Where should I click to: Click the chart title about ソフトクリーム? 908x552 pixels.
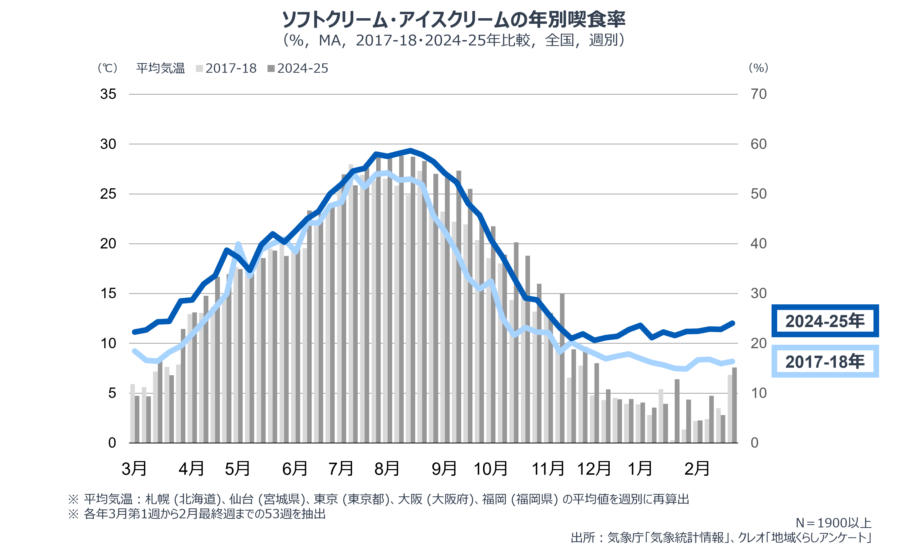tap(454, 20)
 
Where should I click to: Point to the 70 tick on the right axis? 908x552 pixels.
tap(758, 94)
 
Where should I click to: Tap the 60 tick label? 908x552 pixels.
tap(758, 144)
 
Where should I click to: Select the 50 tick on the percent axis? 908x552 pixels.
tap(758, 194)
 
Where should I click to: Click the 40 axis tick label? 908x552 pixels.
tap(758, 244)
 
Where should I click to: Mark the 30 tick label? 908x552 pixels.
tap(758, 294)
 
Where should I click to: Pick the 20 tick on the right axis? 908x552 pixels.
tap(758, 343)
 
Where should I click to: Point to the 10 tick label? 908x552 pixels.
tap(758, 393)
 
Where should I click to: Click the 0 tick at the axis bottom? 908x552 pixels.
tap(754, 443)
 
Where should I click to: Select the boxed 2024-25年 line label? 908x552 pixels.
tap(825, 321)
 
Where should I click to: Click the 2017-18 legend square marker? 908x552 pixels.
tap(199, 68)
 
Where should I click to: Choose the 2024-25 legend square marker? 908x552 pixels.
tap(271, 68)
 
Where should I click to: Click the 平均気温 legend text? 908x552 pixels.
tap(160, 68)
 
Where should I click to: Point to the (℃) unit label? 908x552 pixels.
tap(108, 68)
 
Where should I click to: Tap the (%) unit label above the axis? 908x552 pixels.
tap(758, 68)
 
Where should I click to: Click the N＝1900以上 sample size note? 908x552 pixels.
tap(834, 523)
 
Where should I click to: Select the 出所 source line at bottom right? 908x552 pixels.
tap(721, 538)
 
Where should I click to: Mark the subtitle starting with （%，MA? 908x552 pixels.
tap(454, 40)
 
